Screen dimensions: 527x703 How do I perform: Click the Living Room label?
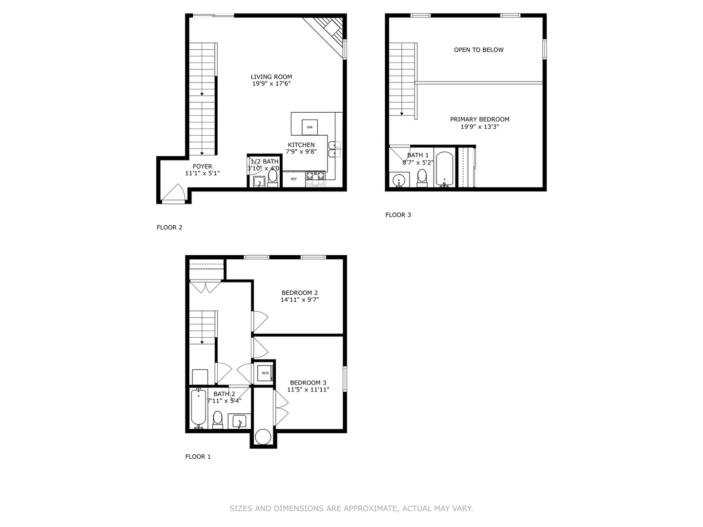click(271, 77)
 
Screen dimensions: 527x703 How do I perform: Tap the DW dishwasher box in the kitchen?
click(310, 127)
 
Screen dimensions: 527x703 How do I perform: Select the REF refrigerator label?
click(294, 179)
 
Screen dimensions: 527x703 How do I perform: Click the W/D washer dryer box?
click(266, 373)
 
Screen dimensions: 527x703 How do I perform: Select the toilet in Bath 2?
click(218, 419)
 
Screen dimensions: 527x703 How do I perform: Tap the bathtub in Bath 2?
click(198, 408)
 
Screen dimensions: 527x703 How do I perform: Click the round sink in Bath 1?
click(399, 180)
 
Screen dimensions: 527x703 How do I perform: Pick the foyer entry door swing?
click(174, 193)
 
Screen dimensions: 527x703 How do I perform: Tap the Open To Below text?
click(478, 50)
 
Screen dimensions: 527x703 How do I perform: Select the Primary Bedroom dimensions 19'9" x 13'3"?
click(479, 127)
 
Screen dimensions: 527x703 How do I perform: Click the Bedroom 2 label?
click(300, 293)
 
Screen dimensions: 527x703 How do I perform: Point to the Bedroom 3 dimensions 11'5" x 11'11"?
click(308, 389)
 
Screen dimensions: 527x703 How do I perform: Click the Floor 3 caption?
click(398, 215)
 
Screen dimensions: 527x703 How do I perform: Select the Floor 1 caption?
click(198, 457)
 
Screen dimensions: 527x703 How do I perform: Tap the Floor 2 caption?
click(169, 227)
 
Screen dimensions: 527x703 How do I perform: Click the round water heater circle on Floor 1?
click(263, 437)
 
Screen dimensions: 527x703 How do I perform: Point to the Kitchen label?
click(301, 145)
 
